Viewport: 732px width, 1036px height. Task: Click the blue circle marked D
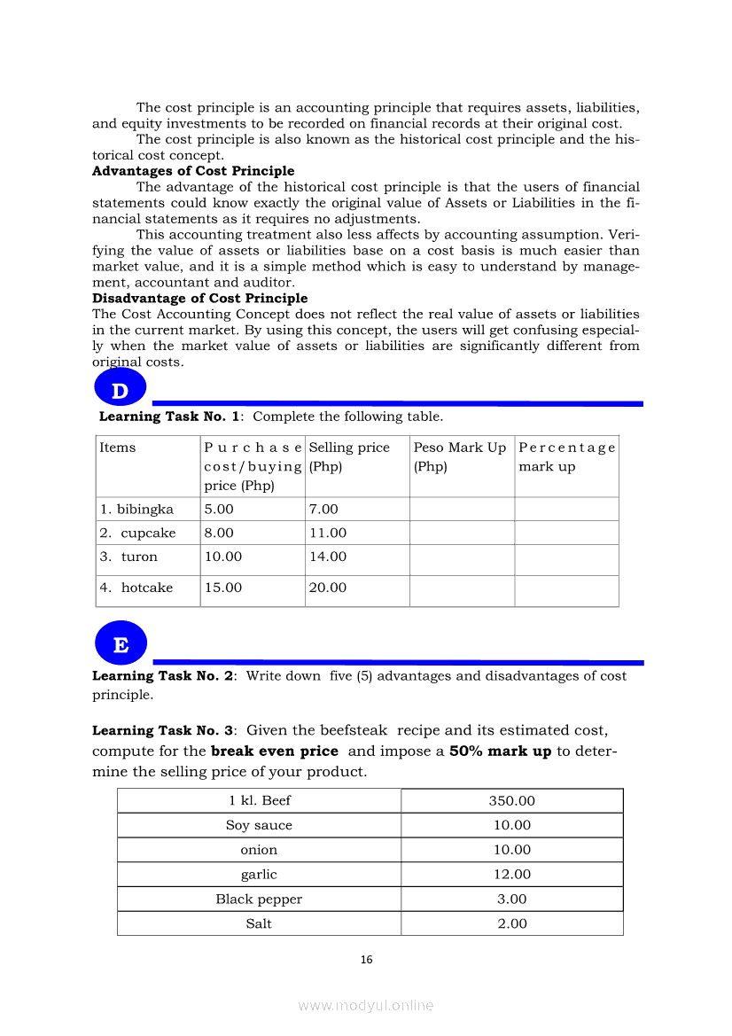click(120, 390)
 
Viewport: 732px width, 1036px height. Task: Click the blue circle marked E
click(121, 644)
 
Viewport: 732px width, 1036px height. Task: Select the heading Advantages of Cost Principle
click(193, 171)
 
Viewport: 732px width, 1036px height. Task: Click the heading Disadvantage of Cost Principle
click(199, 299)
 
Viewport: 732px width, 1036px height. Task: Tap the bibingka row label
click(136, 510)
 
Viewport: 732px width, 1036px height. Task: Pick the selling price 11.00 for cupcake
click(328, 534)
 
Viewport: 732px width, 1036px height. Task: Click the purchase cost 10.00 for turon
click(222, 557)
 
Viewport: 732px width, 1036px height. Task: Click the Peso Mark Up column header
click(460, 448)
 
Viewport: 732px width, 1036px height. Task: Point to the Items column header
click(118, 448)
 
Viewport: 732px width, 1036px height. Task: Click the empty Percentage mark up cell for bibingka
click(566, 510)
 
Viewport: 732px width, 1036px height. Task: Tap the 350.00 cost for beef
click(512, 801)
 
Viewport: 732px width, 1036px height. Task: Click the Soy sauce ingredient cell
click(259, 826)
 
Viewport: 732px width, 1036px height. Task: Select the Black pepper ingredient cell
click(259, 900)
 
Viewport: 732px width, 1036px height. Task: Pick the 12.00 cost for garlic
click(512, 875)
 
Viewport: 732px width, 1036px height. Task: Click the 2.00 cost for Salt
click(512, 924)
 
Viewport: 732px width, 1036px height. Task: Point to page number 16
click(366, 960)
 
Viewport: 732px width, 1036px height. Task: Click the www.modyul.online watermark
click(366, 1006)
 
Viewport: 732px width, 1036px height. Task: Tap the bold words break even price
click(275, 752)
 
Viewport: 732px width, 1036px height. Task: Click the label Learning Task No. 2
click(163, 676)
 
